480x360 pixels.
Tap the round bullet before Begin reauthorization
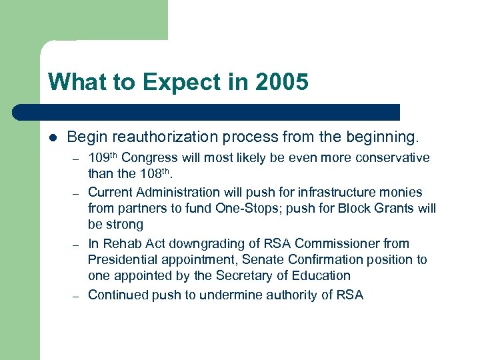[x=53, y=137]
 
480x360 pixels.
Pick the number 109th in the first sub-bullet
[x=103, y=158]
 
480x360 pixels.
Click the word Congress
[x=150, y=158]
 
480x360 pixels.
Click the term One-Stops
[x=242, y=208]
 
